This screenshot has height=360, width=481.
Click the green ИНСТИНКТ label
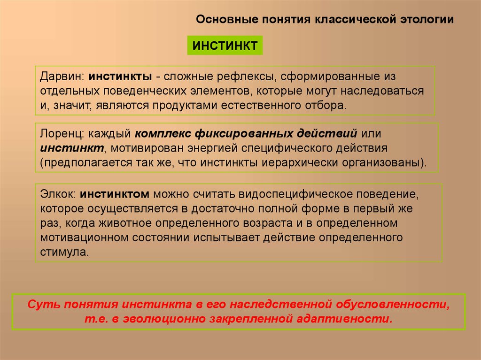click(x=225, y=46)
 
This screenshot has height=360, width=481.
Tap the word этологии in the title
click(x=427, y=19)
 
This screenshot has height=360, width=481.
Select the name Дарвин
click(x=62, y=77)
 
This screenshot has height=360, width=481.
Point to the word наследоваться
click(x=382, y=91)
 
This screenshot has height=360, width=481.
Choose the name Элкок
click(x=58, y=194)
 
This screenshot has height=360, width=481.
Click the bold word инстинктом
click(x=115, y=194)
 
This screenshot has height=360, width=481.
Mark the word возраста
click(x=267, y=223)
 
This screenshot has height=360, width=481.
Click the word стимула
click(x=64, y=252)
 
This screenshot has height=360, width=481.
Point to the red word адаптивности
click(x=345, y=319)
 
